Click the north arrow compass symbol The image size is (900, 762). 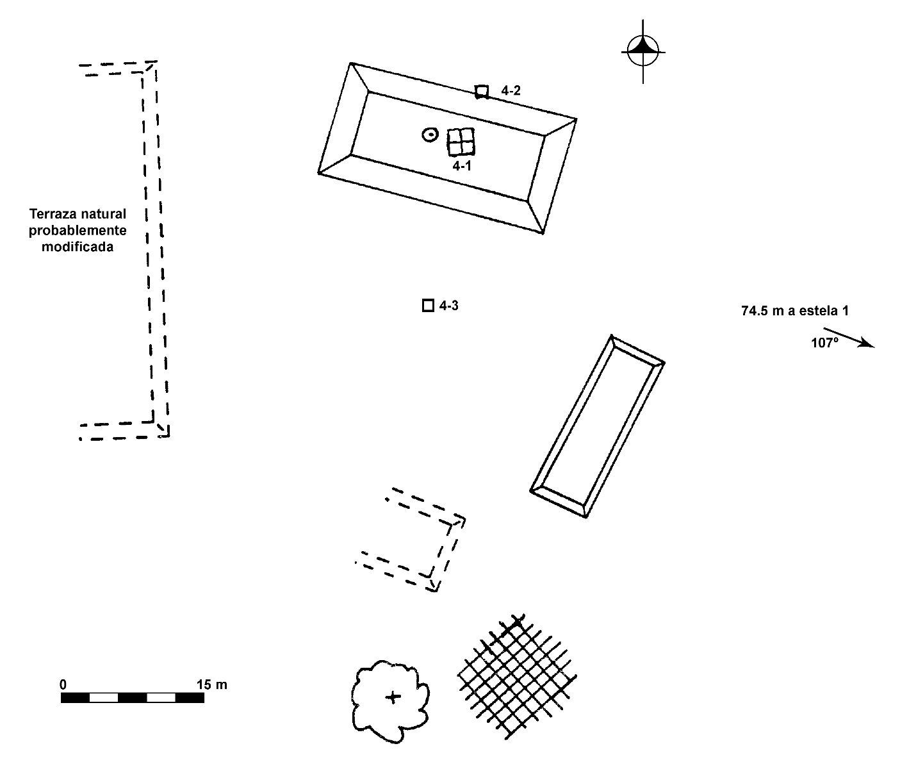tap(643, 51)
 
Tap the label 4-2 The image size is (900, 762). tap(511, 91)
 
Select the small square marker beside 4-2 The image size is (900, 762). tap(482, 92)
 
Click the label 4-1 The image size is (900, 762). tap(462, 165)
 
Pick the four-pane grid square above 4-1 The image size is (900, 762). tap(461, 142)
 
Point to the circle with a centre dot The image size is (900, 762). tap(430, 135)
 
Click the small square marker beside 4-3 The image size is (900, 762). tap(428, 306)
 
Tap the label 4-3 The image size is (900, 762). tap(448, 306)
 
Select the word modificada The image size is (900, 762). tap(78, 247)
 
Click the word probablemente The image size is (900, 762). tap(78, 230)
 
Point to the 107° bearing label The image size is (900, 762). tap(824, 343)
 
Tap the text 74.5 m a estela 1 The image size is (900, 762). tap(794, 311)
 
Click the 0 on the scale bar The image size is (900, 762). tap(63, 684)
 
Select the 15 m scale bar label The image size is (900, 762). tap(211, 684)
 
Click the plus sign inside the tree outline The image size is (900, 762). tap(393, 697)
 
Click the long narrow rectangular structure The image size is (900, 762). tap(597, 426)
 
